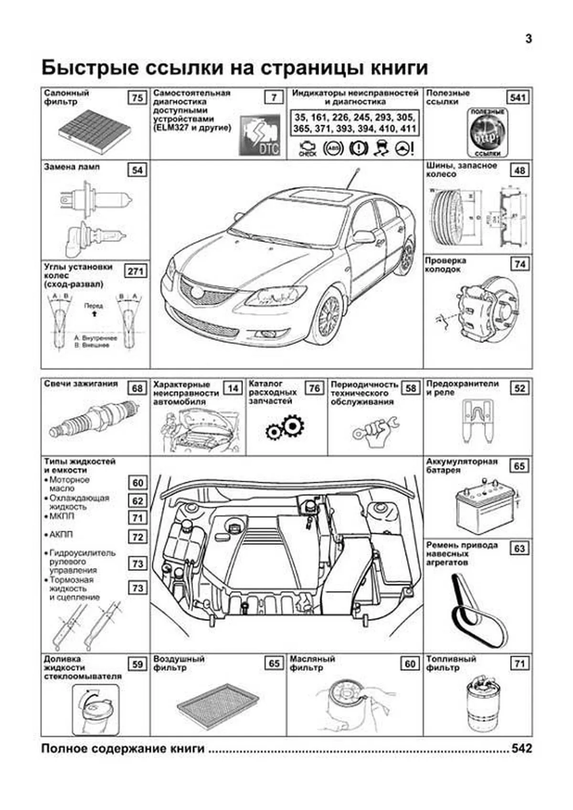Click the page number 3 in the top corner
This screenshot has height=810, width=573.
tap(528, 39)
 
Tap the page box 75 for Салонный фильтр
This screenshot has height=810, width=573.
tap(137, 98)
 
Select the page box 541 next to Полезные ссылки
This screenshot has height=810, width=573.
tap(518, 98)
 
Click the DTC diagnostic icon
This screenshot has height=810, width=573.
tap(260, 137)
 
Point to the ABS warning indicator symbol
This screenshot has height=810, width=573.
tap(332, 148)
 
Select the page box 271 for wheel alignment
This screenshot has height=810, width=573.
tap(136, 271)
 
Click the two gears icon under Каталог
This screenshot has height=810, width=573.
tap(285, 427)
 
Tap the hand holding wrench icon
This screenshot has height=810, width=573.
tap(376, 429)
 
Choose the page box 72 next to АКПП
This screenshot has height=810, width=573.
tap(138, 537)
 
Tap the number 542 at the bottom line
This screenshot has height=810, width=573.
tap(521, 748)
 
